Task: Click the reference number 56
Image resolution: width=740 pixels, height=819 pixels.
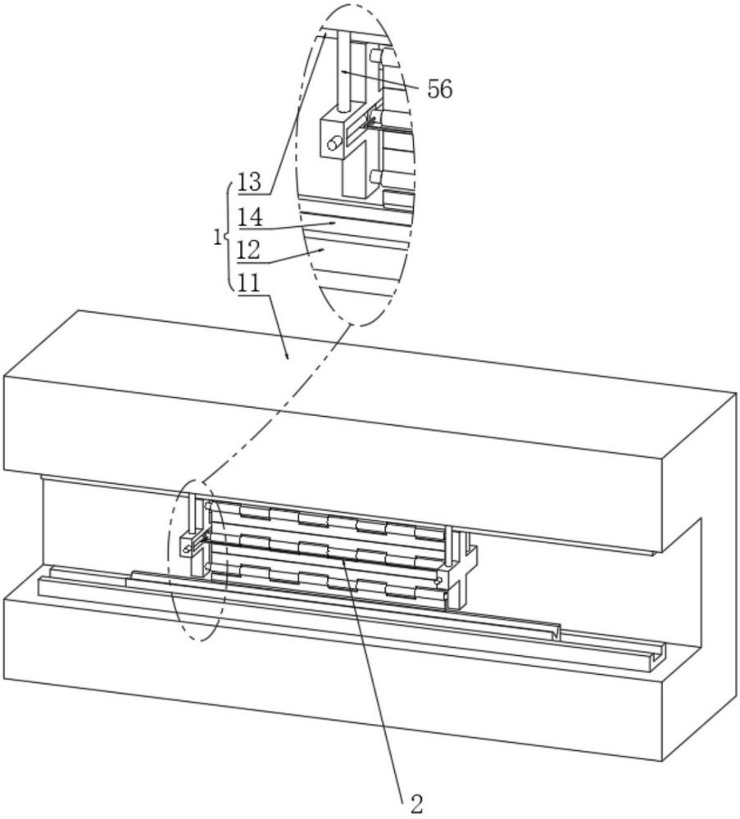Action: pyautogui.click(x=439, y=89)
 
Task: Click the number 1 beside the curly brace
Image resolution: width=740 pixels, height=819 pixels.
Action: pyautogui.click(x=216, y=238)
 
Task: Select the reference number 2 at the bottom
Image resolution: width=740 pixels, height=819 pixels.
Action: pyautogui.click(x=416, y=803)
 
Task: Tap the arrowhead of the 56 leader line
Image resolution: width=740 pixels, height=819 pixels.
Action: pyautogui.click(x=343, y=71)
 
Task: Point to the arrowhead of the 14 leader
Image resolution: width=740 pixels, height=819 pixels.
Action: pyautogui.click(x=334, y=221)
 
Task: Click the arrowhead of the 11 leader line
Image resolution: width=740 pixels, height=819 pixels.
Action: pyautogui.click(x=287, y=358)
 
